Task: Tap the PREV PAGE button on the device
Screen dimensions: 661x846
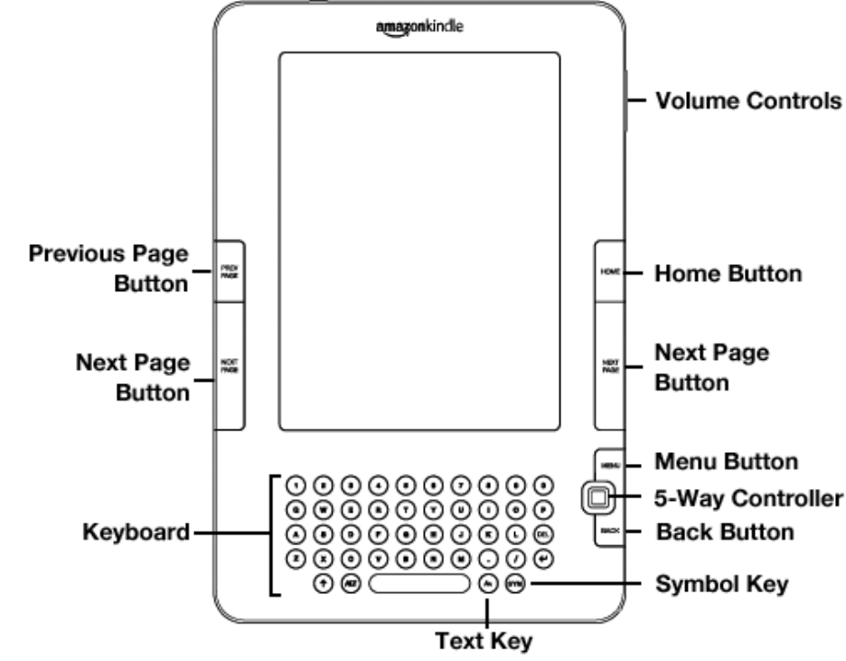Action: coord(228,271)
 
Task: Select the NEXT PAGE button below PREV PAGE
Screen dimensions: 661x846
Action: coord(228,366)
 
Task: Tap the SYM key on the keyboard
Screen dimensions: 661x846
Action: coord(515,583)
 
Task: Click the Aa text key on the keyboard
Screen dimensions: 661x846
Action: coord(488,583)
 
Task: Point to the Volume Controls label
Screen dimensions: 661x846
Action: coord(747,101)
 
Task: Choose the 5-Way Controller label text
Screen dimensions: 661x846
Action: coord(747,496)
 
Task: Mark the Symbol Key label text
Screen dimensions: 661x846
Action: coord(721,584)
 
